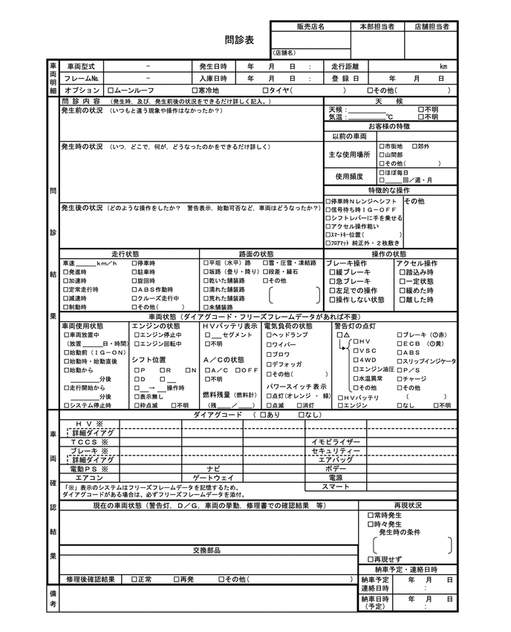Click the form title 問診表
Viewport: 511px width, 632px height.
pos(239,39)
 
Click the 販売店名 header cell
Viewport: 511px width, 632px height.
pos(310,26)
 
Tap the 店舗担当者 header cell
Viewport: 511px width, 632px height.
pos(432,26)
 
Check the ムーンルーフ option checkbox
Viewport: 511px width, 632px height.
pos(111,90)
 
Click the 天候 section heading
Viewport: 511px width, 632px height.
pos(388,101)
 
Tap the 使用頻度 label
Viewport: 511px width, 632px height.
pos(349,177)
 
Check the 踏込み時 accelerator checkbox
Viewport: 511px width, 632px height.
pos(399,272)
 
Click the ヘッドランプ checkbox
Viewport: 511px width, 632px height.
pos(267,335)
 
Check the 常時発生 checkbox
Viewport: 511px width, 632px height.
pos(370,515)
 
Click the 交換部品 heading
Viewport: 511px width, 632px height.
pos(205,550)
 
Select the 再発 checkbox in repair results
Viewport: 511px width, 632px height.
pos(176,579)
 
